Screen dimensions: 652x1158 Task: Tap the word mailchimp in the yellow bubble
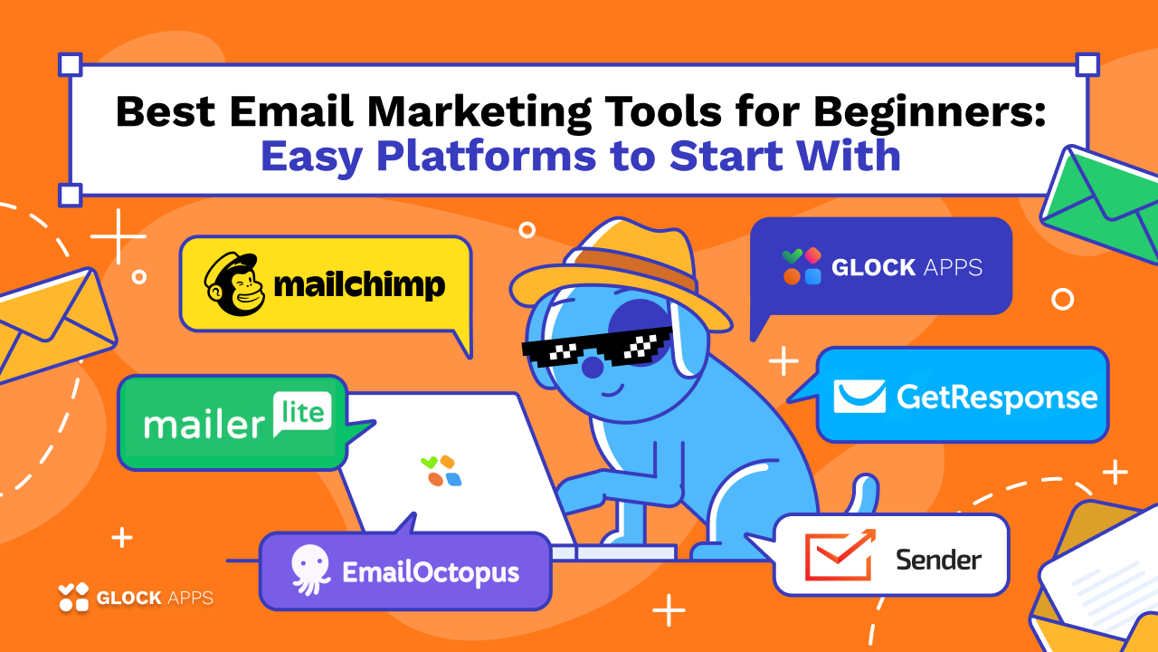(359, 285)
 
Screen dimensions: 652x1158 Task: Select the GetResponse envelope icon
(859, 397)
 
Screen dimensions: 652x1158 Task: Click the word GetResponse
(997, 397)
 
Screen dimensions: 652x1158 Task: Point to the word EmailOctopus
(431, 572)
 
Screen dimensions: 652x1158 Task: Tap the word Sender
(938, 559)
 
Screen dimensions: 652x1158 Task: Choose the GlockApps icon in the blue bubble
(802, 266)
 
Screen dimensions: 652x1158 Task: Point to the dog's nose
(592, 367)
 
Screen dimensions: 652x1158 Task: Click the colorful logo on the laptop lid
(441, 470)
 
